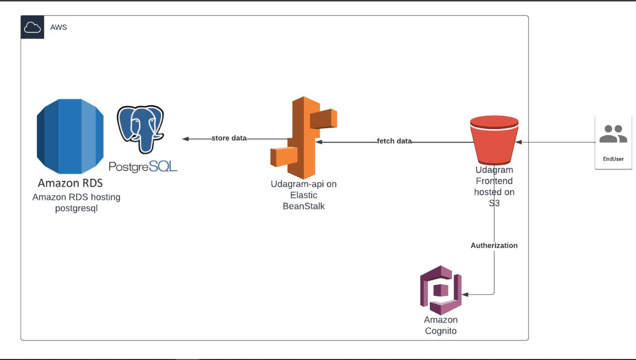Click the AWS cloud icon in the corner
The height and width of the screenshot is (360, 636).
[x=32, y=27]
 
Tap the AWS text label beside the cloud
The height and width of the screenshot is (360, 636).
[x=58, y=27]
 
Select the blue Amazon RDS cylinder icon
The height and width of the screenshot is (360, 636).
[x=69, y=136]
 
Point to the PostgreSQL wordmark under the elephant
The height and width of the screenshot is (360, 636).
[x=143, y=166]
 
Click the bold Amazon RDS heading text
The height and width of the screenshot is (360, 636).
[x=70, y=183]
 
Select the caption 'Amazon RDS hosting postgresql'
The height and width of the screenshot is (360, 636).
[x=76, y=203]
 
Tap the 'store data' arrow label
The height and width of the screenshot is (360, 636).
[x=229, y=138]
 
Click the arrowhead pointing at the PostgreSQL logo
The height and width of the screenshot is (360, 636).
[x=186, y=139]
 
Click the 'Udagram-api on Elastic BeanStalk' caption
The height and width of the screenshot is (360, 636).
[x=303, y=195]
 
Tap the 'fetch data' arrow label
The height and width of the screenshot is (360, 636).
[x=394, y=141]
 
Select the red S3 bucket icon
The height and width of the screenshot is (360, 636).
[x=494, y=138]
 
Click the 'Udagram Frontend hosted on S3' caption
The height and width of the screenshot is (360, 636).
[x=494, y=187]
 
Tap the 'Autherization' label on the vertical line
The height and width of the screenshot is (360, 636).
[x=494, y=245]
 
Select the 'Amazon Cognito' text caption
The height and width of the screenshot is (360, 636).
[x=441, y=326]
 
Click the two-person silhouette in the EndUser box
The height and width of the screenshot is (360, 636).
[x=613, y=134]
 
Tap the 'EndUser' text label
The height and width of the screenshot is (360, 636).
[x=613, y=159]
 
